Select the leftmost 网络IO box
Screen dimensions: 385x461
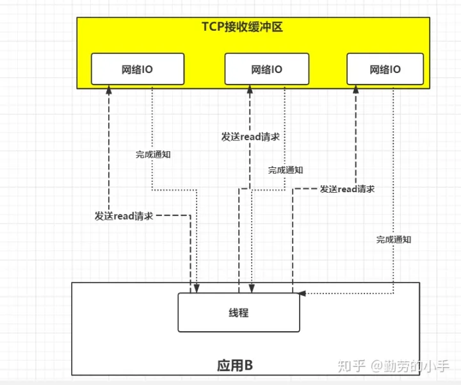138,69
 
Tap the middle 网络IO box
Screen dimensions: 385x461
266,69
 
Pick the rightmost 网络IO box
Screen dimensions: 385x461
385,69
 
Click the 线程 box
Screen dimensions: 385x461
238,313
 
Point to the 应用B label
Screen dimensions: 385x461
235,366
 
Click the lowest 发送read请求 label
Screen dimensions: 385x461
124,217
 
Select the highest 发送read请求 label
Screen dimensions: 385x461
250,137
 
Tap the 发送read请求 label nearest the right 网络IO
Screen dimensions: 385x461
347,189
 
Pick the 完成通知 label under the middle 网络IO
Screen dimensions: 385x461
286,170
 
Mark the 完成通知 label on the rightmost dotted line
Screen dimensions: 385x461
394,240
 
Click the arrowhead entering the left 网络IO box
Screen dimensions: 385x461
109,90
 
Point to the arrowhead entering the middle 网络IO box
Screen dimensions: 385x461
251,90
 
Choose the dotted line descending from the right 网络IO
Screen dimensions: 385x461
394,160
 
